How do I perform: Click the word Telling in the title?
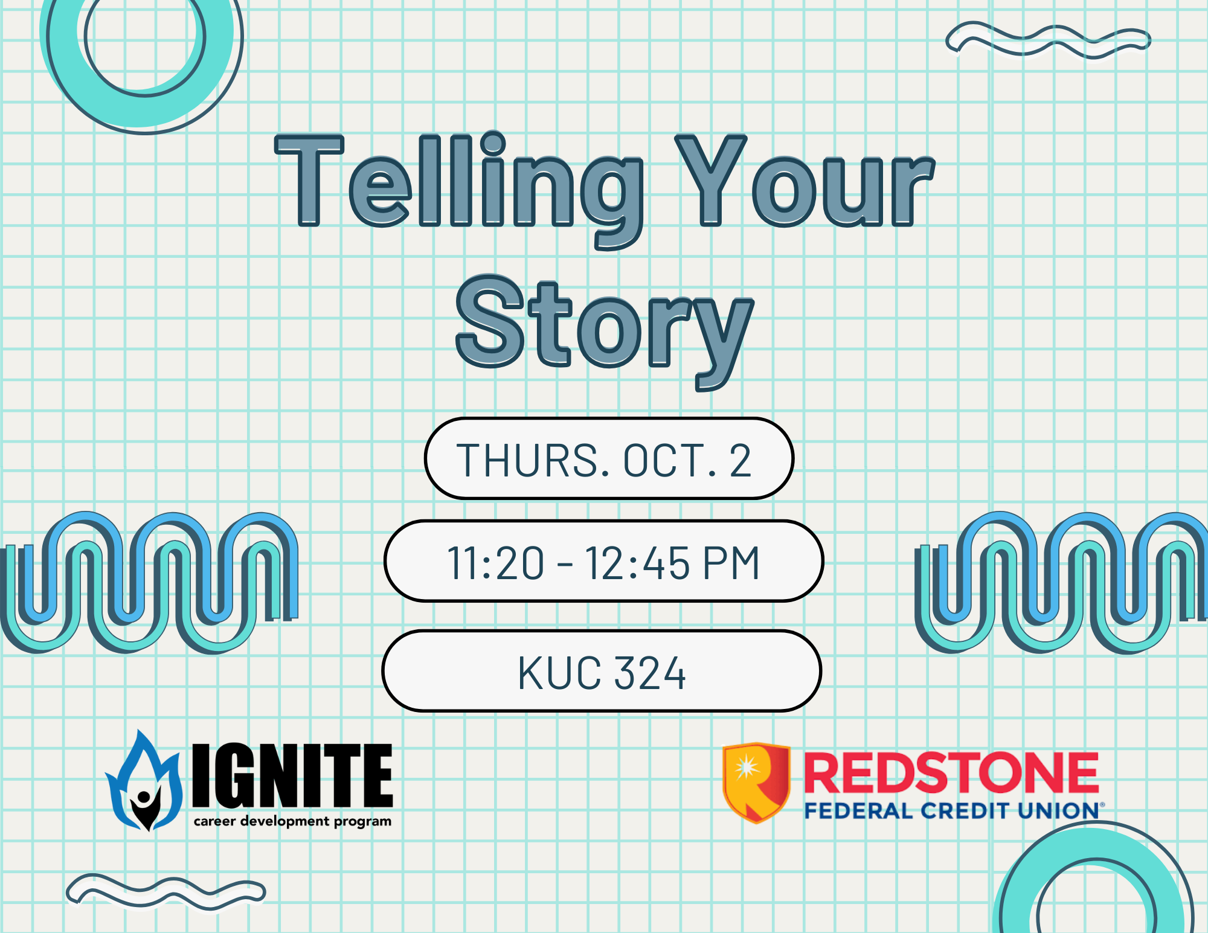coord(459,181)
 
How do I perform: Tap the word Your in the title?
coord(803,181)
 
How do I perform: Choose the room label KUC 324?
coord(602,673)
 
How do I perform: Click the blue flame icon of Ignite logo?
coord(144,782)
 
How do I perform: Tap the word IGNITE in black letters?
coord(293,776)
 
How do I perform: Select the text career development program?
coord(292,821)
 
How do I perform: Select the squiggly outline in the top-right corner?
coord(1048,40)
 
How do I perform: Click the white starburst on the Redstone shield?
coord(747,768)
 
